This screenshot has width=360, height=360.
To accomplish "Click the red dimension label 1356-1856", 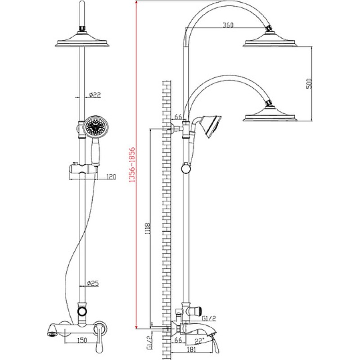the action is (x=132, y=165).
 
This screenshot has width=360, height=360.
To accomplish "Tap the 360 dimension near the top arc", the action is (x=228, y=25).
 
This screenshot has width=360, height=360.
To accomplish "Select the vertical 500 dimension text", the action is (x=309, y=84).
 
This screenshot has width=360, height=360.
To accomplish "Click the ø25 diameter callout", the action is (x=93, y=283).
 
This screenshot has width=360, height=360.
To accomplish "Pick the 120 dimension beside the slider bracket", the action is (x=111, y=177).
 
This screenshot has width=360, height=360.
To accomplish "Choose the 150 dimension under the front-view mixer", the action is (x=82, y=340).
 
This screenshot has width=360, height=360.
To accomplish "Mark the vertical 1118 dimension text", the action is (x=148, y=229).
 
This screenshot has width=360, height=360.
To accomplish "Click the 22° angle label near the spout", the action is (x=199, y=342).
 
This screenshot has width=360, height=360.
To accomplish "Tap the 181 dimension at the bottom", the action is (x=191, y=350).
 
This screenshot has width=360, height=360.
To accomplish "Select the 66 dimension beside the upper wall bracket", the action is (x=178, y=117).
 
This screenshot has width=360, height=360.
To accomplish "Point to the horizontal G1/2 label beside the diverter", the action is (x=209, y=319).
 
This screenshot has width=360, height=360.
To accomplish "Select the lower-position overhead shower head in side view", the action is (x=270, y=113).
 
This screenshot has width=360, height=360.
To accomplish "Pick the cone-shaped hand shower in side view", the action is (x=211, y=126).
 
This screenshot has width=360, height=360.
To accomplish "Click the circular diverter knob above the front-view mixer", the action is (x=82, y=311).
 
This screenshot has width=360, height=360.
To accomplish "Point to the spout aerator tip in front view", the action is (x=52, y=334).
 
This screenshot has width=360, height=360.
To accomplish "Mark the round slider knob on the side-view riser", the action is (x=186, y=169).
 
